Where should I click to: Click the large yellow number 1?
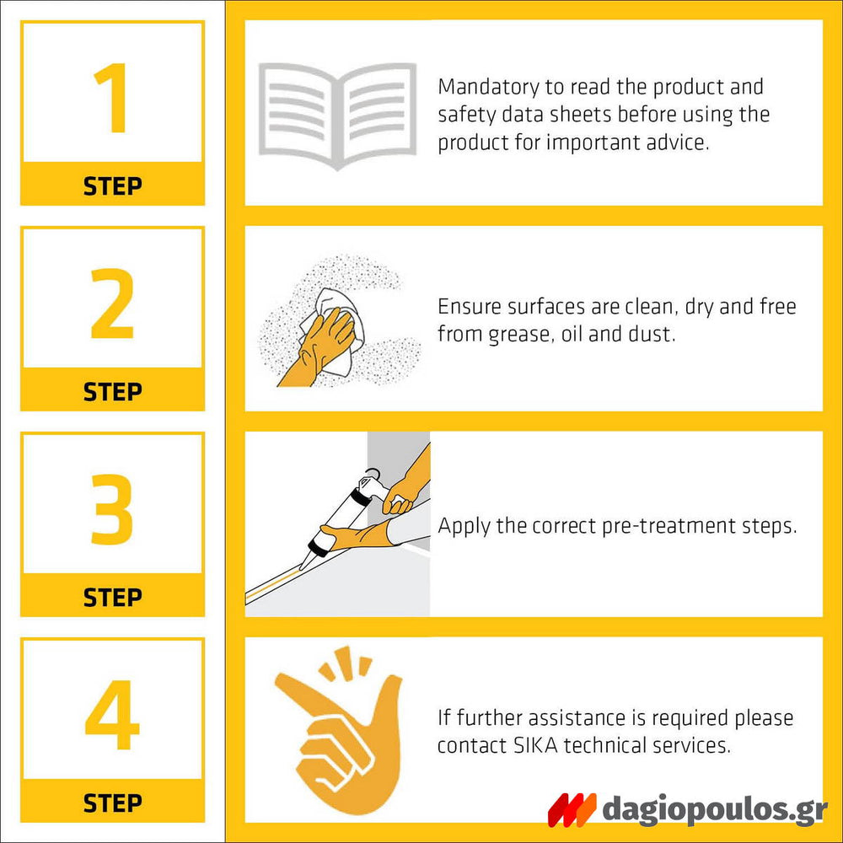tap(114, 98)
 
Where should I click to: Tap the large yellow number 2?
tap(112, 303)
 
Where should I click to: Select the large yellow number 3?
tap(112, 509)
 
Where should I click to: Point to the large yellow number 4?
tap(112, 715)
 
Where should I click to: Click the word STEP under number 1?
tap(112, 186)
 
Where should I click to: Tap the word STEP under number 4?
tap(112, 803)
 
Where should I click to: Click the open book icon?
tap(338, 116)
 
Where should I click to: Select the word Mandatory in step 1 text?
tap(488, 88)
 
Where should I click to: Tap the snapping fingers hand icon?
tap(339, 729)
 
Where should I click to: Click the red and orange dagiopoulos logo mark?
tap(572, 809)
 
